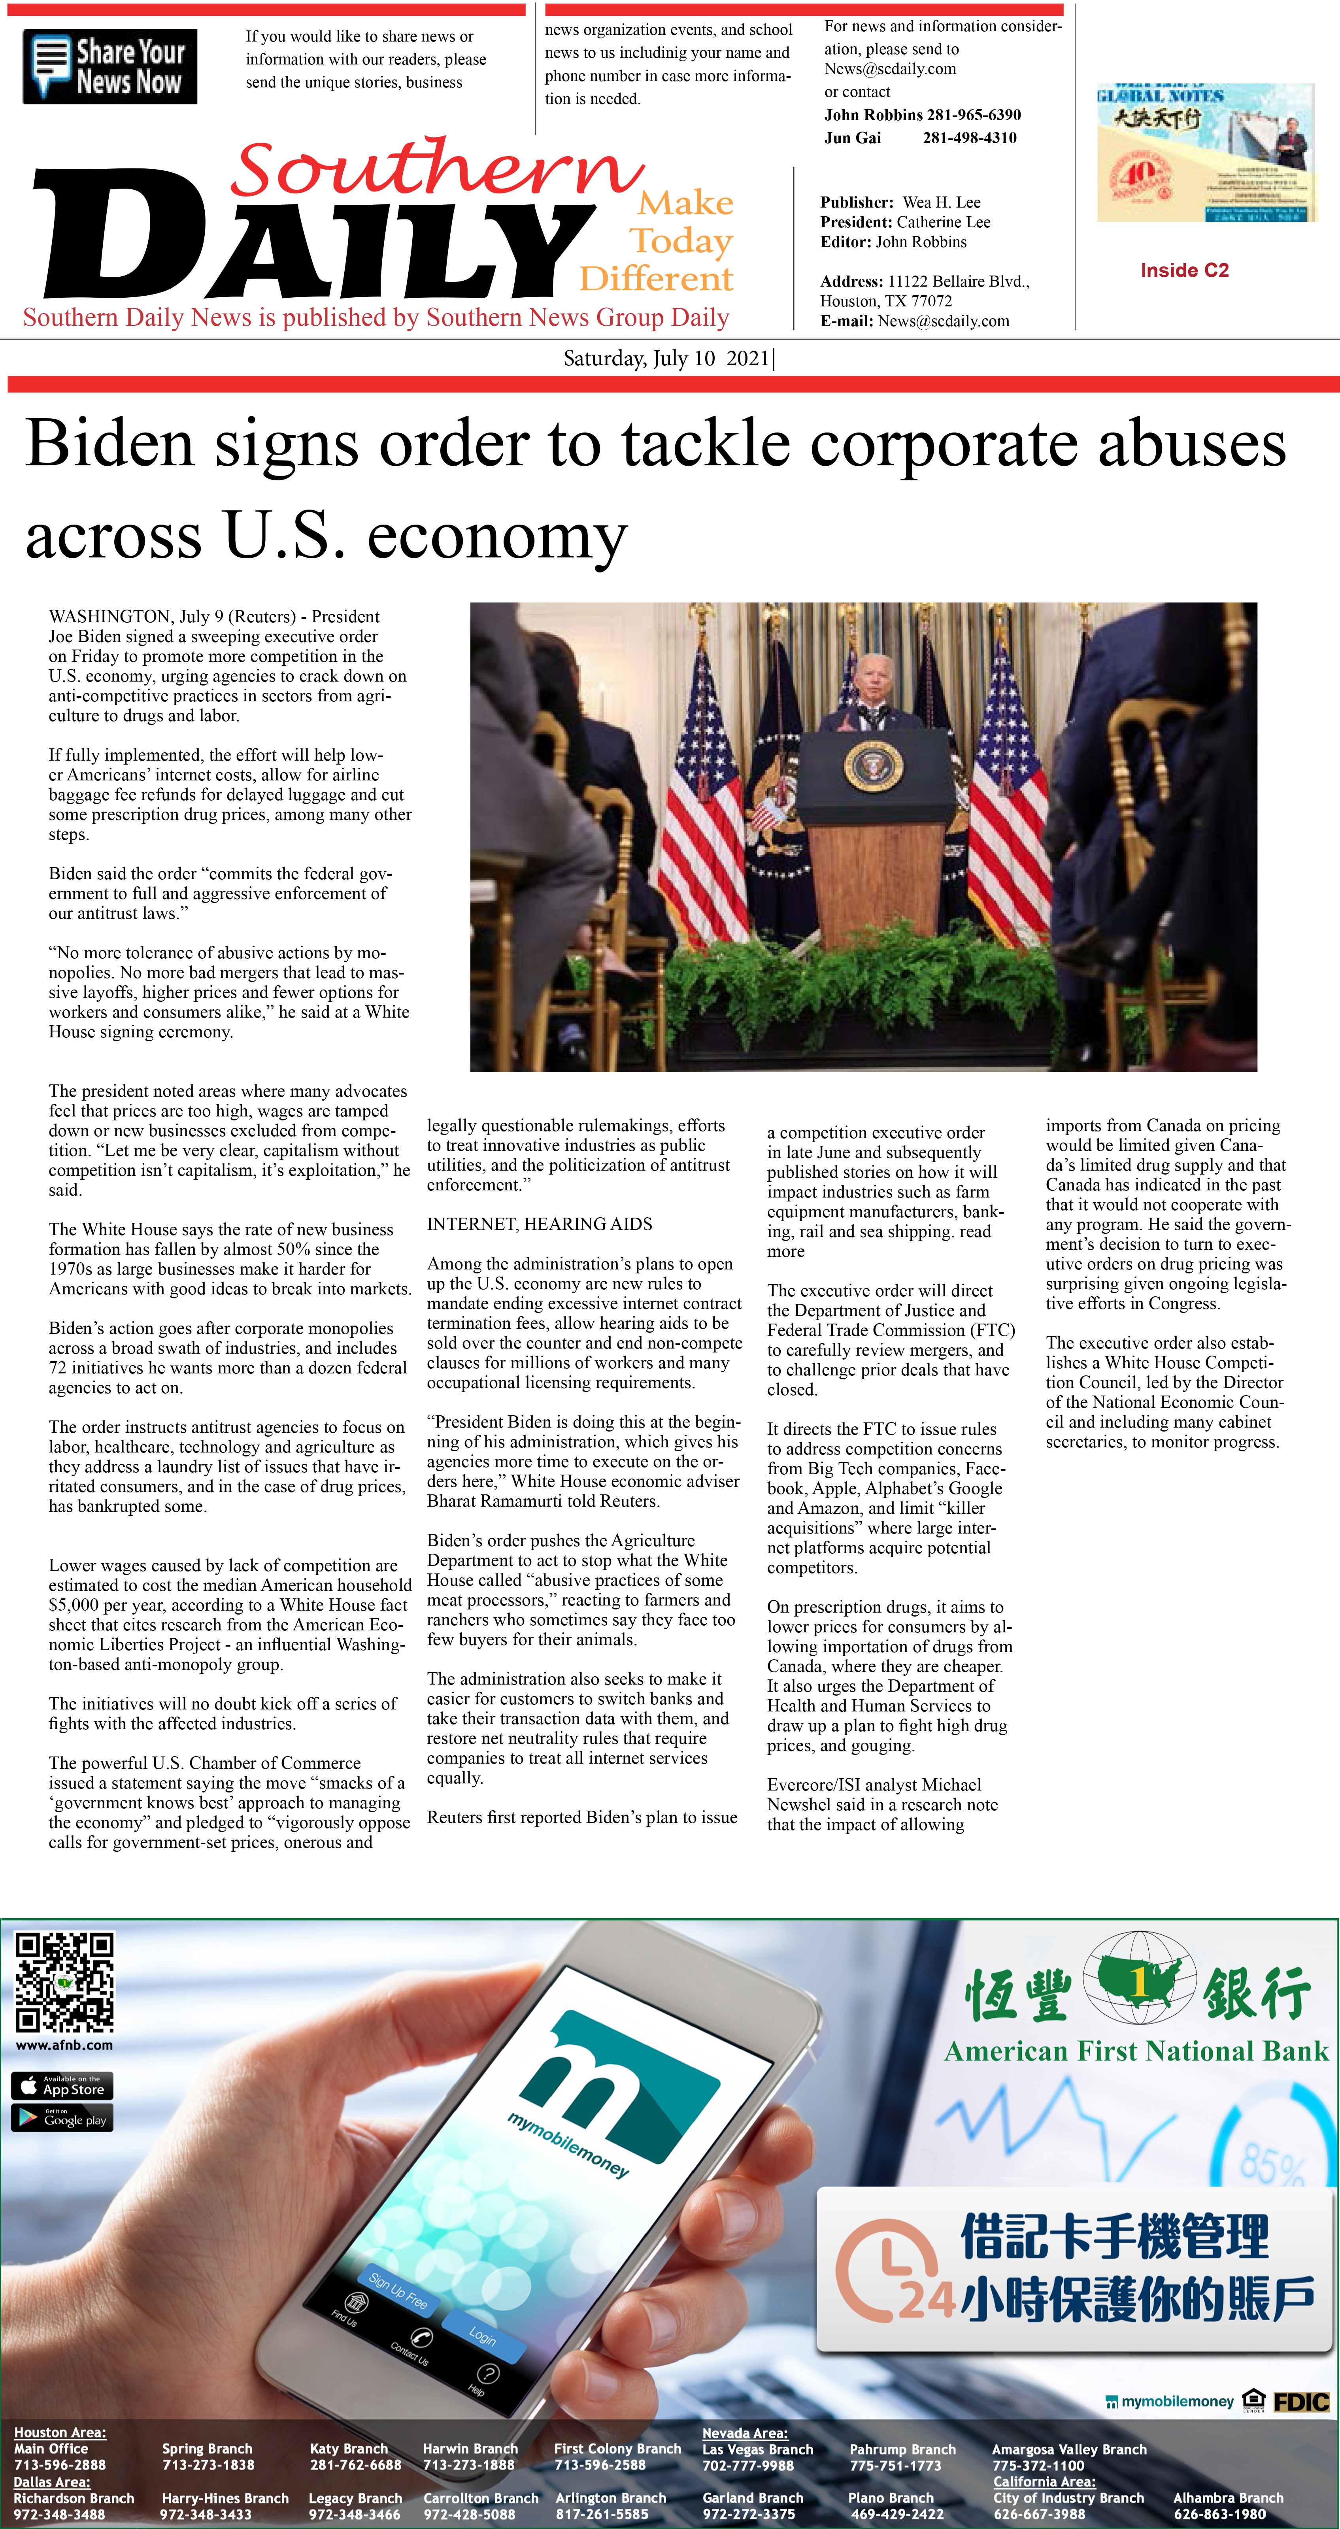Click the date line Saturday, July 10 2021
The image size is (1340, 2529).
(x=668, y=358)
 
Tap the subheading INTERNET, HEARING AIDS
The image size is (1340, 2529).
(x=539, y=1224)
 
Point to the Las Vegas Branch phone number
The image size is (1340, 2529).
(x=748, y=2465)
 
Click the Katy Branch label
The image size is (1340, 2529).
(x=349, y=2448)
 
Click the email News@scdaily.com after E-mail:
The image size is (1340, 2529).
(x=944, y=321)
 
